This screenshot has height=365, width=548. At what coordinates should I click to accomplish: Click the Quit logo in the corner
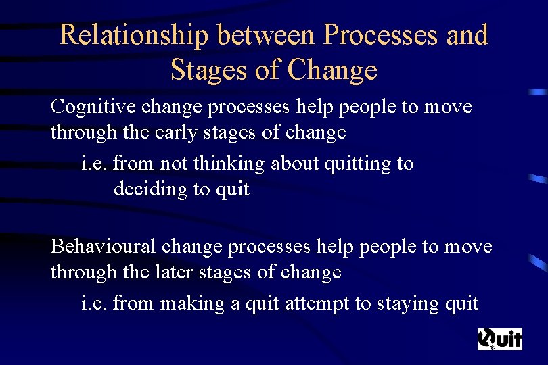pos(500,339)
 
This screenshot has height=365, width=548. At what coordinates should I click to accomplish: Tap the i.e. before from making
pos(94,304)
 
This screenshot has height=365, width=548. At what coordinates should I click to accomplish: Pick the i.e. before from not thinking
pos(94,164)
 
